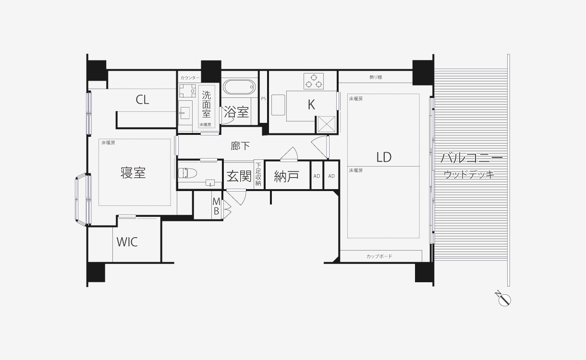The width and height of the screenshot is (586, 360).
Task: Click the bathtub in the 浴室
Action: tap(239, 87)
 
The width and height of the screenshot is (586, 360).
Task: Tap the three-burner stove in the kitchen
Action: tap(313, 81)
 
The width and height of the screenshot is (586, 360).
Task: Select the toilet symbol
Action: tap(187, 173)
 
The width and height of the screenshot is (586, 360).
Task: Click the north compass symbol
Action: tap(504, 299)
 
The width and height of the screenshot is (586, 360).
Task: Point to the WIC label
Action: tap(127, 242)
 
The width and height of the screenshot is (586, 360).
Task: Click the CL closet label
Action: tap(142, 100)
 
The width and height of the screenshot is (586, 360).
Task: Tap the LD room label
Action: tap(384, 157)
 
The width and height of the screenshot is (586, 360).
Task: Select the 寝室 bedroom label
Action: tap(133, 173)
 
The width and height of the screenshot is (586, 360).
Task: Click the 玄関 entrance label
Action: tap(239, 176)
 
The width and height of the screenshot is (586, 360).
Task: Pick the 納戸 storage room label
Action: tap(286, 176)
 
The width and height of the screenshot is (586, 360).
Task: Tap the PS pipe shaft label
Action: tap(263, 99)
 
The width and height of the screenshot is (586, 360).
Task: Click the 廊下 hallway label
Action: tap(240, 146)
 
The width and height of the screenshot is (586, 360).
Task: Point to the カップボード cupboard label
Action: tap(379, 256)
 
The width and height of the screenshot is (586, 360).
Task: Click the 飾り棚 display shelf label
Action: tap(376, 77)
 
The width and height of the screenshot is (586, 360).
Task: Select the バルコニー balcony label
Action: tap(471, 158)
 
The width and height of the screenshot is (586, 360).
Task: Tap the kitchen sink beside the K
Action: tap(278, 105)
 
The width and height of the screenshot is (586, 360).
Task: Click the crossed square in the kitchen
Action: tap(326, 124)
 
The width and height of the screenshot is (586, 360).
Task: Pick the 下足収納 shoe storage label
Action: tap(258, 174)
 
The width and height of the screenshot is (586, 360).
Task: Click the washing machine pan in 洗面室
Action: tap(187, 91)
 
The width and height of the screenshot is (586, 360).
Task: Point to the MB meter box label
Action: tap(216, 206)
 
